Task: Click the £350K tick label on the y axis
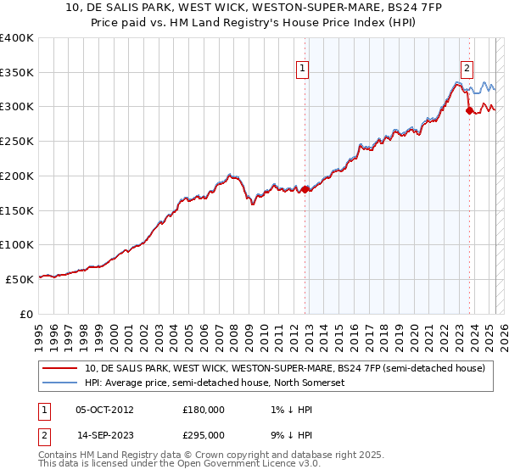pos(17,73)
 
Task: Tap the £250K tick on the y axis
pos(17,142)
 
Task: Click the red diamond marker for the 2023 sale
pos(469,109)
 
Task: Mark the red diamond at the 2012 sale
pos(305,188)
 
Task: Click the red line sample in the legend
pos(61,368)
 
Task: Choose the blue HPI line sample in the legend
pos(61,383)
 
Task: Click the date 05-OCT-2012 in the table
pos(105,409)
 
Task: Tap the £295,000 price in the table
pos(204,434)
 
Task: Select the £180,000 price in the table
pos(204,409)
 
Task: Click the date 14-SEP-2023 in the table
pos(105,434)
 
